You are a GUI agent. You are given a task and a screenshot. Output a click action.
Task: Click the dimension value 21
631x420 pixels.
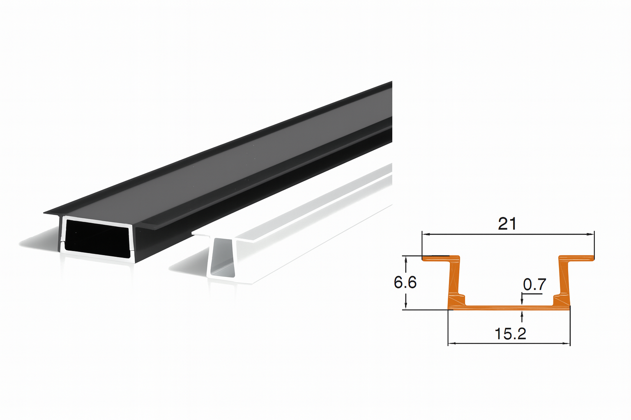pyautogui.click(x=507, y=224)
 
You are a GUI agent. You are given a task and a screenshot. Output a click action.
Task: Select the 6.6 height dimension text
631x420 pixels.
pyautogui.click(x=405, y=282)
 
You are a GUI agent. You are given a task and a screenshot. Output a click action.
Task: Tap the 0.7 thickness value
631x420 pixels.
pyautogui.click(x=534, y=284)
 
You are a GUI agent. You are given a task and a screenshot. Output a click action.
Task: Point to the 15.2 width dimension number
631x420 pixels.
pyautogui.click(x=510, y=333)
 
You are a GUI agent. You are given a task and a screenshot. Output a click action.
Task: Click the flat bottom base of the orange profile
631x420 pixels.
pyautogui.click(x=509, y=307)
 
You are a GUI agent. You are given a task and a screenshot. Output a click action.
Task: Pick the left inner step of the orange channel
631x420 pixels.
pyautogui.click(x=461, y=299)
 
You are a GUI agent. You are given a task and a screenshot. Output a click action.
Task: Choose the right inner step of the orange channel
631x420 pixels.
pyautogui.click(x=557, y=299)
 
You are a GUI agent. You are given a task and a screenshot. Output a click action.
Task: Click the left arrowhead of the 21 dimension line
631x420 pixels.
pyautogui.click(x=426, y=234)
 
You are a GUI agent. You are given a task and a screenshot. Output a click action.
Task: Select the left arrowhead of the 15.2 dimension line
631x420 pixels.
pyautogui.click(x=451, y=343)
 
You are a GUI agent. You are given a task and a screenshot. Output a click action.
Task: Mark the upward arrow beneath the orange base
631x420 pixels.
pyautogui.click(x=522, y=315)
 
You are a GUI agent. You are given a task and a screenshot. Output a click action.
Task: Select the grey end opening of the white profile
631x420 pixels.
pyautogui.click(x=223, y=256)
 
